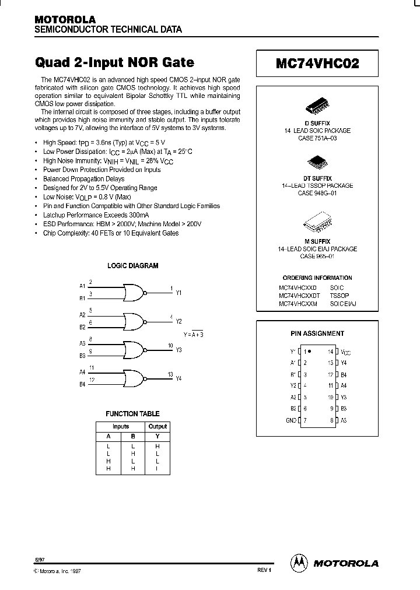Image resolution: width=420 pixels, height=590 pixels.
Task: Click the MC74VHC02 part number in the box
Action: pos(317,65)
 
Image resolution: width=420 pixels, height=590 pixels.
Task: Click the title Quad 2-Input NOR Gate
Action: pos(115,62)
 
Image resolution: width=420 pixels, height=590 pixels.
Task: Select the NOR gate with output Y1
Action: pos(134,290)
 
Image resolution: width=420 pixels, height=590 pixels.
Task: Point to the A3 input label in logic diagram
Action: pos(82,345)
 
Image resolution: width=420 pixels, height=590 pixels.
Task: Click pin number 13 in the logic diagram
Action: pos(170,374)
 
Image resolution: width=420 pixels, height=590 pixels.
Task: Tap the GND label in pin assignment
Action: pos(291,420)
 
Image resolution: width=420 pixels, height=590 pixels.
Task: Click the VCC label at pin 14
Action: pos(345,352)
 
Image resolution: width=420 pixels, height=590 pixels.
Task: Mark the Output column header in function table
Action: pos(157,426)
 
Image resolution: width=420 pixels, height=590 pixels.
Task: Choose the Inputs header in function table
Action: pos(121,426)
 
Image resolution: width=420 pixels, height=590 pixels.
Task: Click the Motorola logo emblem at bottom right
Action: pos(299,563)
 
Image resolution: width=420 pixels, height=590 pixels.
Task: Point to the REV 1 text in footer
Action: pos(264,570)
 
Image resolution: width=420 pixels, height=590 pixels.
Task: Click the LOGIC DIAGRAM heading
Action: pos(132,266)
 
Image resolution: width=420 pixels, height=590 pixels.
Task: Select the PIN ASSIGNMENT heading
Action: pos(317,333)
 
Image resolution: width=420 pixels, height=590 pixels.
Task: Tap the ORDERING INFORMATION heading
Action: pos(317,278)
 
